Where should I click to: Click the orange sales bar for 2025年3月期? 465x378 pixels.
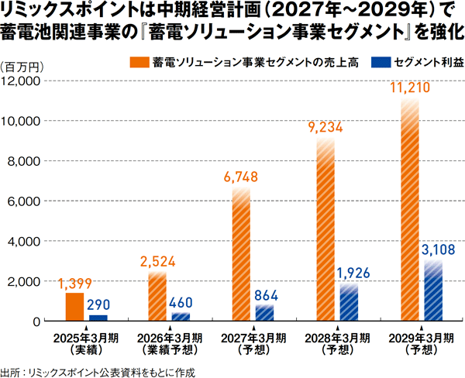click(74, 307)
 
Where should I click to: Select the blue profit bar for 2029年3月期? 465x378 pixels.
click(433, 290)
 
